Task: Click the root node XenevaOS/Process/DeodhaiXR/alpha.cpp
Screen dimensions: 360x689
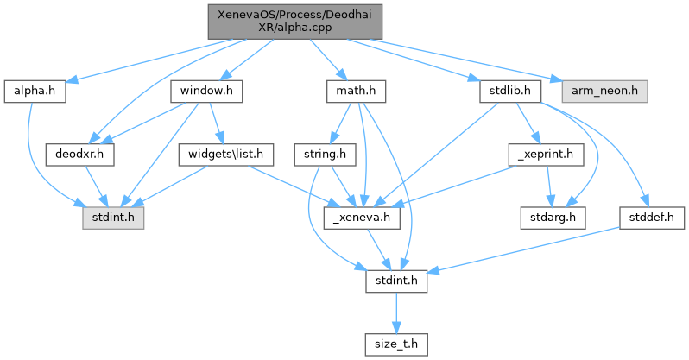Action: [294, 20]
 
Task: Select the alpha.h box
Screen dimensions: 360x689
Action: [35, 90]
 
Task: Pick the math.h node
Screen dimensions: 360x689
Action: [356, 90]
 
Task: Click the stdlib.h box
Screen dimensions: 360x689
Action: [509, 90]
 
